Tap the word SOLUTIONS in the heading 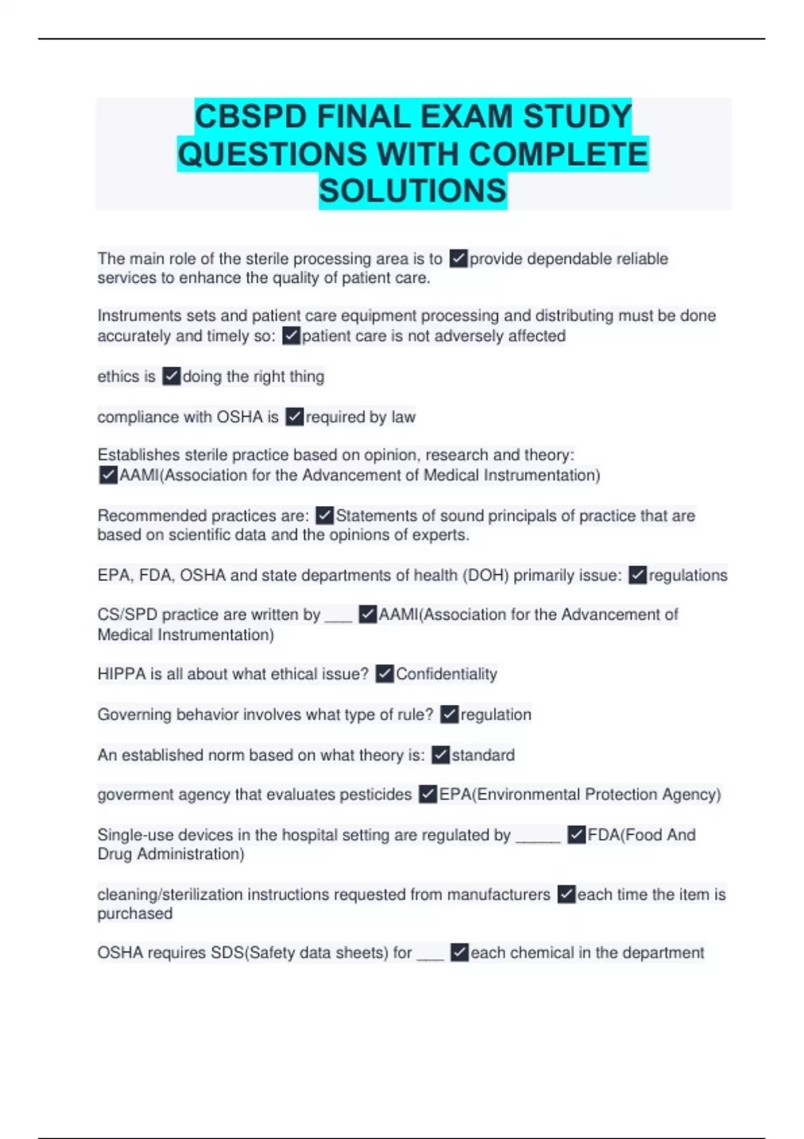tap(413, 191)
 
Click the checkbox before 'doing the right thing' tap(172, 377)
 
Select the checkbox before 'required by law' tap(295, 417)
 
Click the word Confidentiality tap(446, 674)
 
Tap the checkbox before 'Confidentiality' tap(385, 674)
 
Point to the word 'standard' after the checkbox tap(483, 755)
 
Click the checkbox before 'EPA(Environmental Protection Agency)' tap(428, 795)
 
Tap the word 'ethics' tap(117, 377)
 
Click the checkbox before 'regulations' tap(638, 576)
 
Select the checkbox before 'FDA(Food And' tap(576, 835)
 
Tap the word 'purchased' tap(135, 914)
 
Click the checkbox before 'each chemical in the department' tap(460, 953)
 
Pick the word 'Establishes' tap(139, 455)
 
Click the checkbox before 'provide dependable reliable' tap(458, 259)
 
